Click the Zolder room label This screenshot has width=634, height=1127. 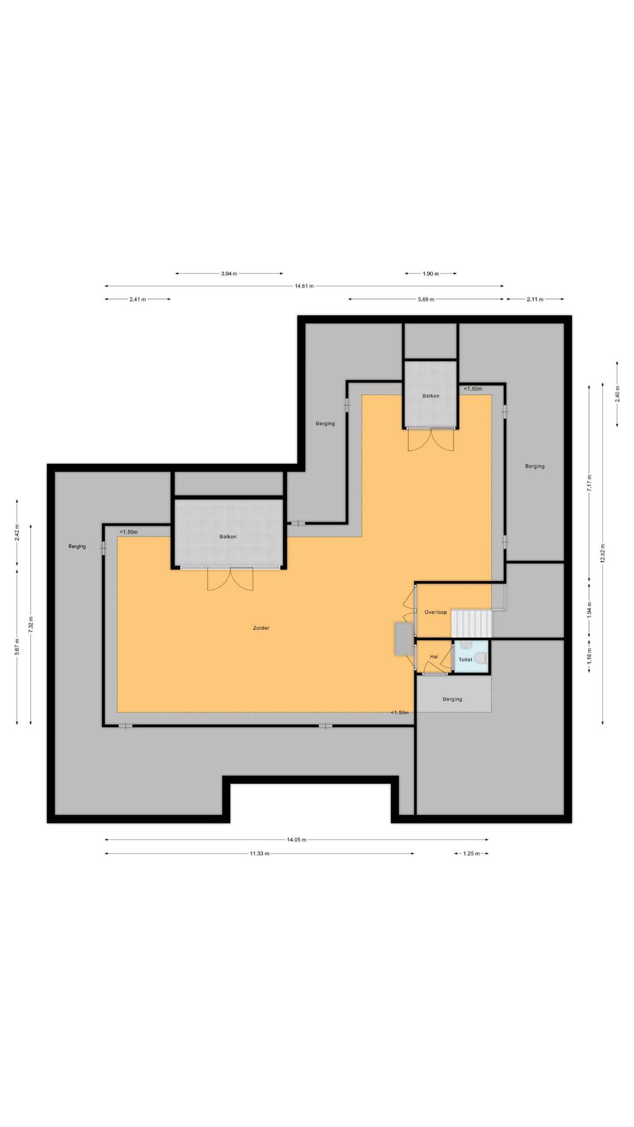(x=261, y=628)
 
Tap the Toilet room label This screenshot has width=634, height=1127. (x=465, y=659)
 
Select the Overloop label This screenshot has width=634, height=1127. (x=435, y=612)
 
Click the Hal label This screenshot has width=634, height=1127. (x=434, y=656)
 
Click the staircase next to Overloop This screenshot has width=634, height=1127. (x=471, y=623)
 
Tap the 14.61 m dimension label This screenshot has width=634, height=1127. (x=304, y=286)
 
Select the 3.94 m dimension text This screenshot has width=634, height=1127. (x=229, y=273)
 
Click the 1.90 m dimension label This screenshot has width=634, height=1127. (x=431, y=273)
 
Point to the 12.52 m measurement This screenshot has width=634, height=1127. (x=603, y=553)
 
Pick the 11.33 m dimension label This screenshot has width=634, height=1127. (x=259, y=853)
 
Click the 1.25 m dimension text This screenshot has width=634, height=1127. (x=471, y=853)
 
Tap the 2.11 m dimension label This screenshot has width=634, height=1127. (x=535, y=299)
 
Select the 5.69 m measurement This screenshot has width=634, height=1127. (x=426, y=299)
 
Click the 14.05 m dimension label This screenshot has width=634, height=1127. (x=296, y=840)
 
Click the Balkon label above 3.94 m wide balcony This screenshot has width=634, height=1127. (x=228, y=537)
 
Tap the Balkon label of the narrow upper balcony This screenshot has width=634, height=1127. (x=431, y=396)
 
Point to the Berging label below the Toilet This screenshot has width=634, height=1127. (x=452, y=699)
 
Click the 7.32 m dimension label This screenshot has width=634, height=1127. (x=31, y=625)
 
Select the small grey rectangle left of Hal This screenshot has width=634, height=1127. (x=404, y=638)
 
